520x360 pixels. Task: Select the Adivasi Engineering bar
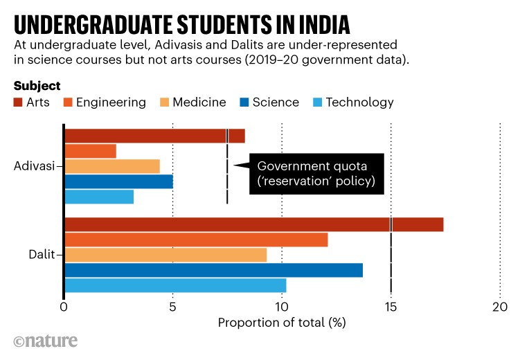click(90, 151)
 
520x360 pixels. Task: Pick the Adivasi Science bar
click(118, 181)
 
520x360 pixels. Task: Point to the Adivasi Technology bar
click(98, 197)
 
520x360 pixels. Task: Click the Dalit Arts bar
click(253, 224)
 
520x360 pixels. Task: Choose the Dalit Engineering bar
click(196, 240)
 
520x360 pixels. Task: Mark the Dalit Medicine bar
click(165, 255)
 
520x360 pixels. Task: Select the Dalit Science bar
click(213, 270)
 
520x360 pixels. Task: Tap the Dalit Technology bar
click(174, 285)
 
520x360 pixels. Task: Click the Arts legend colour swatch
click(19, 102)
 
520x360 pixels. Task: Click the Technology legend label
click(359, 102)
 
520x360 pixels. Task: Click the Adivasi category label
click(34, 166)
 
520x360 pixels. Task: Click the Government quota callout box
click(316, 174)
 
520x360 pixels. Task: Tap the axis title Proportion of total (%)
click(282, 323)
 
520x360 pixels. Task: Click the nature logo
click(46, 341)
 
